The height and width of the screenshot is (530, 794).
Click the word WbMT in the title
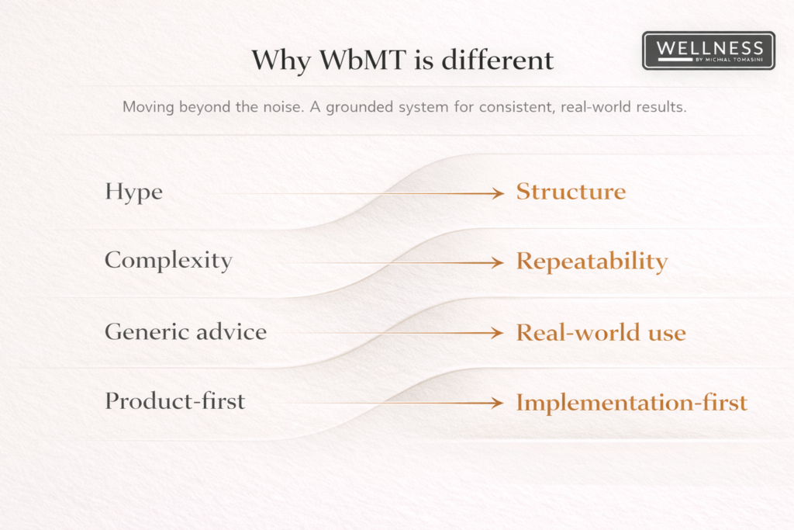pos(363,60)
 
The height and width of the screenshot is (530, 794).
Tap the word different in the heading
pos(497,60)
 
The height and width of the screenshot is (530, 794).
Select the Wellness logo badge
pos(709,50)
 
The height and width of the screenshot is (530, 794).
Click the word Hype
pos(133,192)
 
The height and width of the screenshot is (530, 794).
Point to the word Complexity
pos(168,261)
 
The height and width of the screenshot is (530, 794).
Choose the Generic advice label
pos(186,332)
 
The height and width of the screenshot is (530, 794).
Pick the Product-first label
pos(174,400)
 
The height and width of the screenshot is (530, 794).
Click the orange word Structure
pos(571,192)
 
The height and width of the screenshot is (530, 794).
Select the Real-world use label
pos(601,332)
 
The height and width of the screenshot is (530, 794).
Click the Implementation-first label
pos(631,403)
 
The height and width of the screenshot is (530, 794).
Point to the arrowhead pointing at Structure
pos(499,193)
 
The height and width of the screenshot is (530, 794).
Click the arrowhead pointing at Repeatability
pos(497,262)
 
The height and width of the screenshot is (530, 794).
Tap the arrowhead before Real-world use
pos(497,333)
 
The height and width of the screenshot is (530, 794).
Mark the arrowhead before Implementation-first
pos(497,404)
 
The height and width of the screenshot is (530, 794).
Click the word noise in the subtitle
pos(285,107)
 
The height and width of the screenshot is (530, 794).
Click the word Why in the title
pos(281,61)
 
